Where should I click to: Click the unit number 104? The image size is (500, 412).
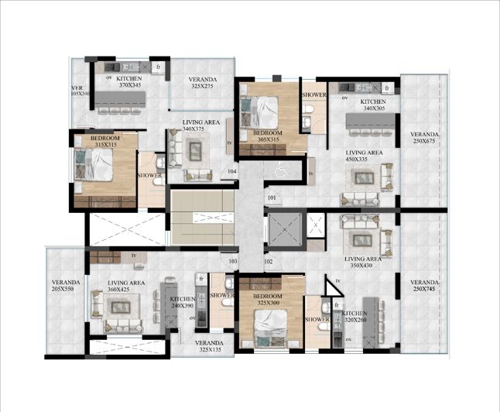point(232,171)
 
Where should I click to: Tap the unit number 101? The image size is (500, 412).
point(272,197)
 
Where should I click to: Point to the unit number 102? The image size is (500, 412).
point(269,261)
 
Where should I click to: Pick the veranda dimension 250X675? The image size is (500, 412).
point(424,141)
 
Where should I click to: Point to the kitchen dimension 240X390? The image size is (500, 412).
point(182,306)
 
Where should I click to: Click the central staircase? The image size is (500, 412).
point(202,218)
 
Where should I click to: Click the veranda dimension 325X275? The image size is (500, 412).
point(201,87)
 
